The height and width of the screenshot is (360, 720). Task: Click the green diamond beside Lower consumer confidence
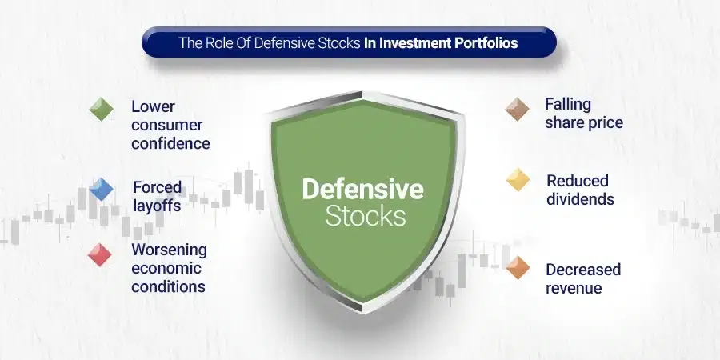101,110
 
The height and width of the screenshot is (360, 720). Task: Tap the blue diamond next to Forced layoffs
101,189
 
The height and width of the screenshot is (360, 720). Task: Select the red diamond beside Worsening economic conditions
100,255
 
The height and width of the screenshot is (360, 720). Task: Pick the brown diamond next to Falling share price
517,110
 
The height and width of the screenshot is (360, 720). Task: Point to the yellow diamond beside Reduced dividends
518,179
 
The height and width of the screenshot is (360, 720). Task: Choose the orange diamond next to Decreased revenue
518,268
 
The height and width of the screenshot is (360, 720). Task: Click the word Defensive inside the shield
362,189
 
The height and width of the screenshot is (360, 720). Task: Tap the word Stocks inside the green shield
366,216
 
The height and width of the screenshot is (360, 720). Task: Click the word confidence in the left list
171,143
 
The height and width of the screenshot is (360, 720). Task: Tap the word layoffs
157,206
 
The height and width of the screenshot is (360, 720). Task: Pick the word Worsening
169,250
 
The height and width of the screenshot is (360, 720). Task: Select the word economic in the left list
166,268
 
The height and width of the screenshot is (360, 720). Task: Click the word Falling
568,105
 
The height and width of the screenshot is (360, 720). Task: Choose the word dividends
581,199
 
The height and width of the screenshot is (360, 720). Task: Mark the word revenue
574,288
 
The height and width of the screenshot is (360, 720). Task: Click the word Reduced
578,181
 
